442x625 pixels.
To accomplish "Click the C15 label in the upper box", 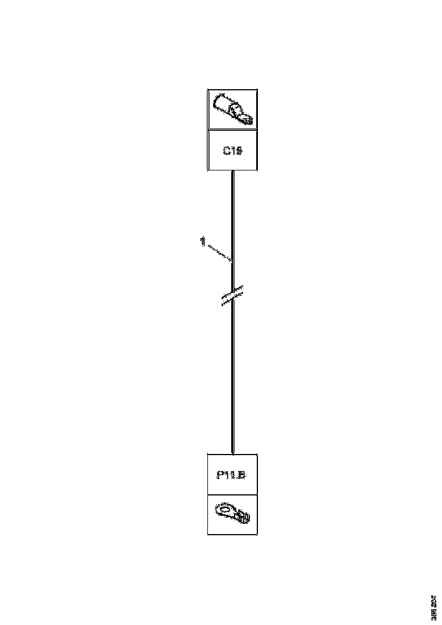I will (x=232, y=151).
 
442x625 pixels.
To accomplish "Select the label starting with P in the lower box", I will (x=231, y=475).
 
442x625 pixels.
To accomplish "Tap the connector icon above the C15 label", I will (x=232, y=110).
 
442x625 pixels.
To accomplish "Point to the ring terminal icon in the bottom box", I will (x=232, y=514).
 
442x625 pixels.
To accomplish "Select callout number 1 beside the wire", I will (x=202, y=242).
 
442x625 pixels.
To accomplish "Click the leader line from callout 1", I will (x=218, y=252).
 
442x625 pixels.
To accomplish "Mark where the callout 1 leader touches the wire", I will (x=232, y=262).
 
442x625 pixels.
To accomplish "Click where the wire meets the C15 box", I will (x=232, y=170).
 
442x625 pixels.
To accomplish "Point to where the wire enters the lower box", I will (x=232, y=454).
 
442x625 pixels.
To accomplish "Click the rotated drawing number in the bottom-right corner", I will (x=435, y=607).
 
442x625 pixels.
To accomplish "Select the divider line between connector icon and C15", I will (x=232, y=130).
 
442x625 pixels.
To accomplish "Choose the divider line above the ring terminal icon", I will (x=232, y=494).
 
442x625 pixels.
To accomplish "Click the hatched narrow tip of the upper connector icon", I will (x=247, y=120).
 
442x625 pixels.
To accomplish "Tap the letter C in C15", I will (x=226, y=151).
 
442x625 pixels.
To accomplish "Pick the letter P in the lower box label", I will (x=220, y=475).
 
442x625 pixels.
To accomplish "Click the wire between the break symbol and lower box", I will (x=232, y=375).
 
